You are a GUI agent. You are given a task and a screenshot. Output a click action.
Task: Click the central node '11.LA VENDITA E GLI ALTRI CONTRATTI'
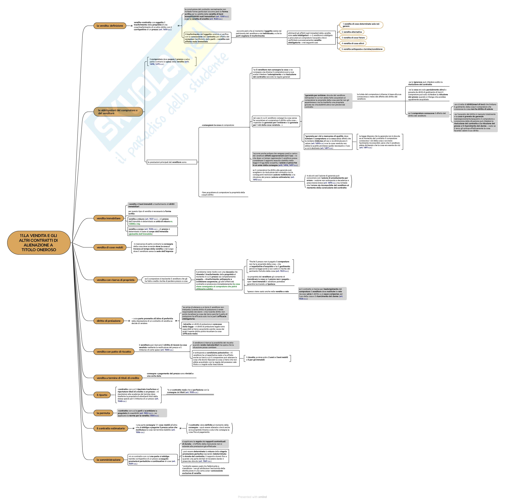[x=39, y=242]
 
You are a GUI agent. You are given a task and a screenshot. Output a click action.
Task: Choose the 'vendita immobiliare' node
[x=108, y=218]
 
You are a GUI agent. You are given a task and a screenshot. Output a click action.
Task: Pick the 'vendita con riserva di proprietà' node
[x=115, y=280]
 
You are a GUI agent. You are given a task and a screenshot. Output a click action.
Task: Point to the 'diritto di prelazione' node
[x=108, y=321]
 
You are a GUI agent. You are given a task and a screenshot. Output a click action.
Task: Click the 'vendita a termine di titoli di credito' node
[x=118, y=378]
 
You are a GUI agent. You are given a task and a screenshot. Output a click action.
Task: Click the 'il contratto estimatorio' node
[x=111, y=428]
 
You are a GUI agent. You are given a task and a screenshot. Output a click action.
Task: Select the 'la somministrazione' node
[x=108, y=460]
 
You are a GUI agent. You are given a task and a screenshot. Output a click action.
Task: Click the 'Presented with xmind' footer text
[x=252, y=497]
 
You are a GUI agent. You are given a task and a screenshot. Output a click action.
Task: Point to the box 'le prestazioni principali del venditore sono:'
[x=172, y=162]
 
